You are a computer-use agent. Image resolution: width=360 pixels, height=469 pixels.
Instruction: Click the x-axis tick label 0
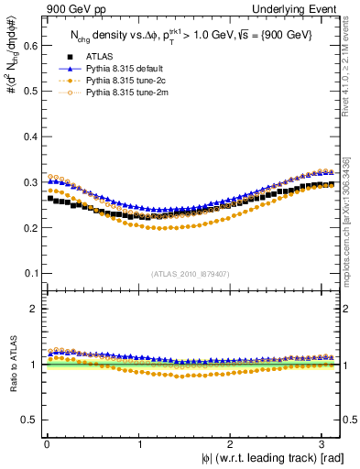pyautogui.click(x=47, y=444)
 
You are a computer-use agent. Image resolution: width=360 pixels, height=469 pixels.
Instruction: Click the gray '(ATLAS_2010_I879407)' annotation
pyautogui.click(x=191, y=273)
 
